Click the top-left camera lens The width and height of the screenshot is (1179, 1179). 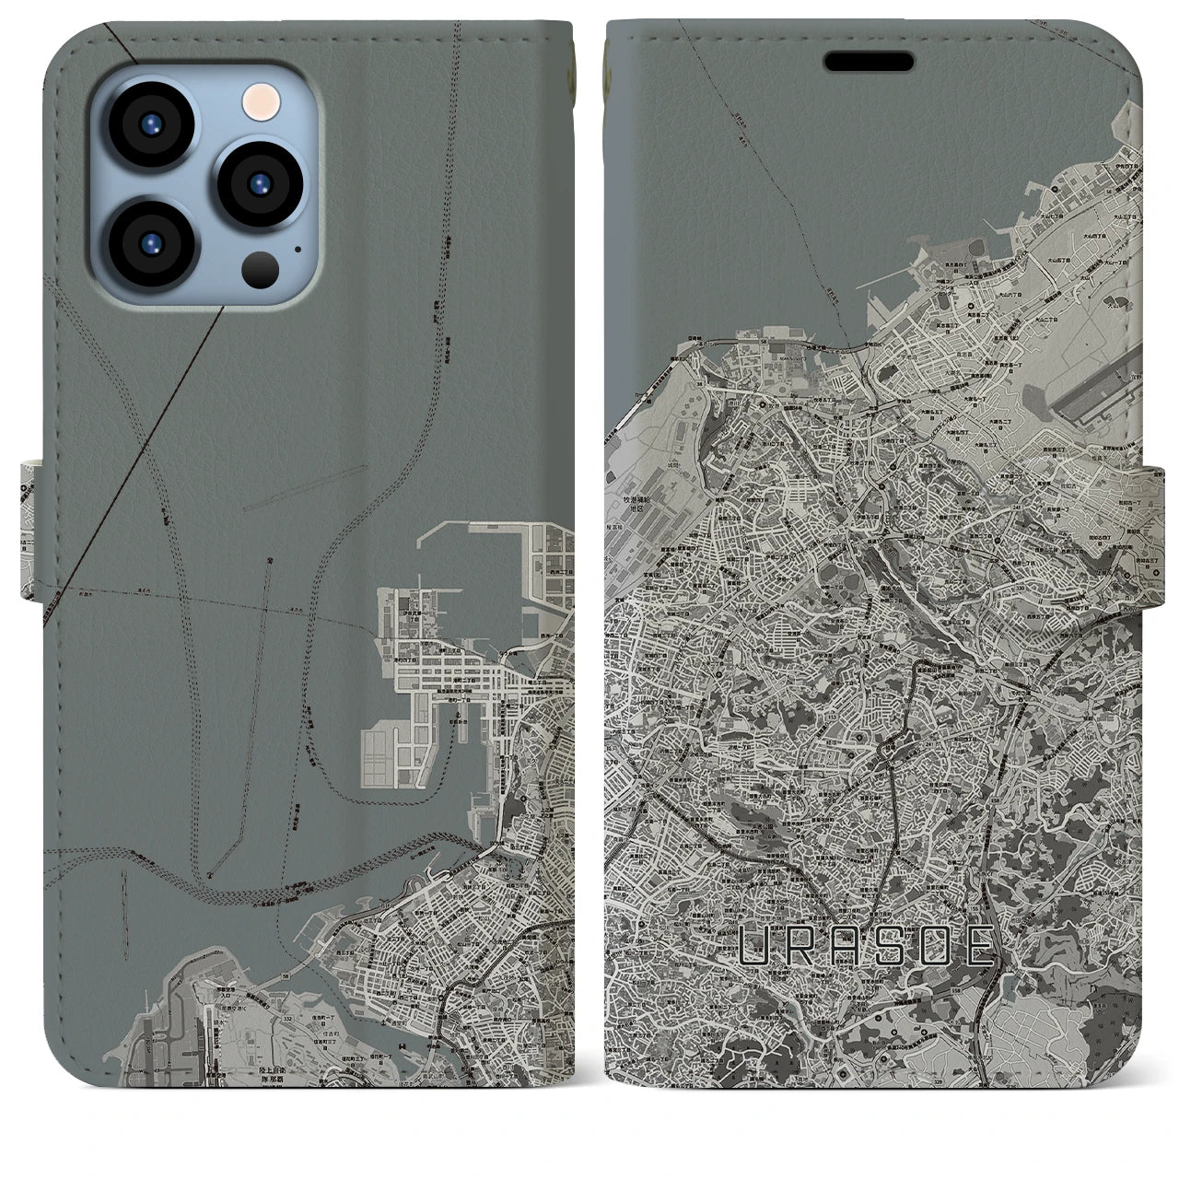point(153,126)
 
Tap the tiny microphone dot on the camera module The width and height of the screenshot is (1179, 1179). point(298,248)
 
